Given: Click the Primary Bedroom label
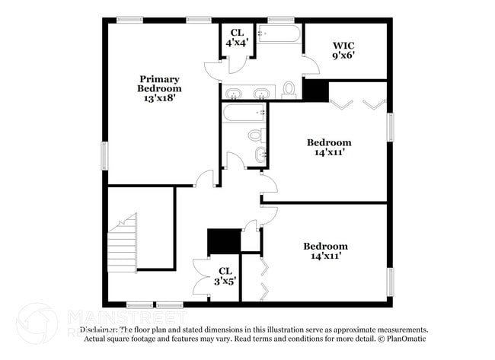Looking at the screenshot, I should pyautogui.click(x=159, y=84).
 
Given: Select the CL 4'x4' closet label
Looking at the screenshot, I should pyautogui.click(x=236, y=38).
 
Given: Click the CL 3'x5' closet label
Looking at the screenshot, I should pyautogui.click(x=225, y=276).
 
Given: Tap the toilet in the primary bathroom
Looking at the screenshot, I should pyautogui.click(x=289, y=90).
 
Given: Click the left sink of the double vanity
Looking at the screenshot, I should pyautogui.click(x=235, y=94).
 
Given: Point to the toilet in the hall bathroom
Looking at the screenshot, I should pyautogui.click(x=255, y=136).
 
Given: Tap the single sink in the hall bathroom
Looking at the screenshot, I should pyautogui.click(x=261, y=156).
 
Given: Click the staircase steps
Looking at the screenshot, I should pyautogui.click(x=122, y=244).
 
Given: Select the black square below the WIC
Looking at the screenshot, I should pyautogui.click(x=315, y=90).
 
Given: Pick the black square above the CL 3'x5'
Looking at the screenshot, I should pyautogui.click(x=224, y=241).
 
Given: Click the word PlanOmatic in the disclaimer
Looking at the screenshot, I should pyautogui.click(x=408, y=339).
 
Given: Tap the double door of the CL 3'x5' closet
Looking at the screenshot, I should pyautogui.click(x=201, y=276).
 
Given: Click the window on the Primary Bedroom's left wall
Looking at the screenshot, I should pyautogui.click(x=105, y=154).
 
